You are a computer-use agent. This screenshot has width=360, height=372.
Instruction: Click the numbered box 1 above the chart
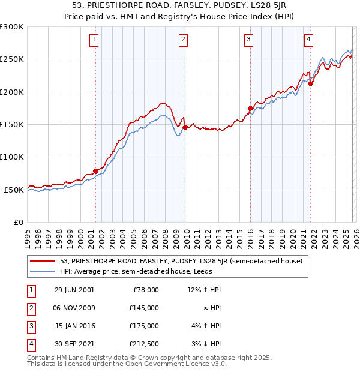pyautogui.click(x=95, y=40)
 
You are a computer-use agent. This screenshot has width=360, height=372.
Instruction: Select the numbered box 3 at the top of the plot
pyautogui.click(x=248, y=40)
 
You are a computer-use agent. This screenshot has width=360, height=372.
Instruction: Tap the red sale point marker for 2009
pyautogui.click(x=185, y=127)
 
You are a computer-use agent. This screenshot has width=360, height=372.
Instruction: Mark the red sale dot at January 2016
pyautogui.click(x=251, y=108)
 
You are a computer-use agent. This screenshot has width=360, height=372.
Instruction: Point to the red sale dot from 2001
pyautogui.click(x=96, y=171)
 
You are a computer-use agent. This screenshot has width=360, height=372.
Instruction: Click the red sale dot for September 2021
pyautogui.click(x=311, y=84)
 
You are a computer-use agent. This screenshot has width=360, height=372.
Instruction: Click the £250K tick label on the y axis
pyautogui.click(x=12, y=59)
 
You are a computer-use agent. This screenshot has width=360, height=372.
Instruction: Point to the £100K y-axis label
pyautogui.click(x=12, y=157)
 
